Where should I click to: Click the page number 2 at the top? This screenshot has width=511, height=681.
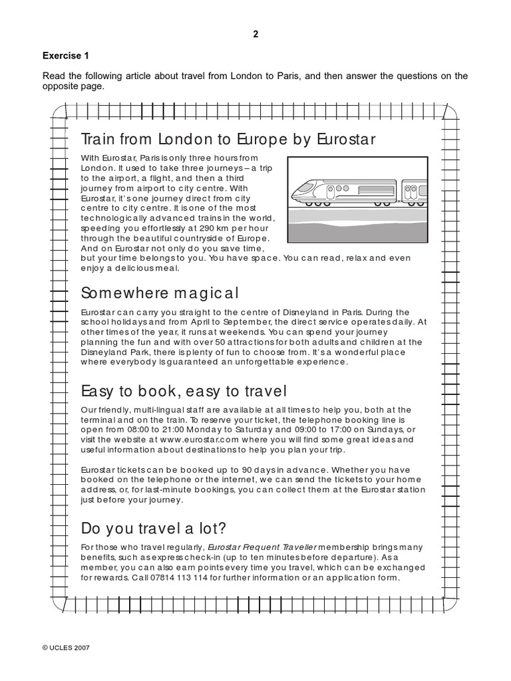255,35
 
